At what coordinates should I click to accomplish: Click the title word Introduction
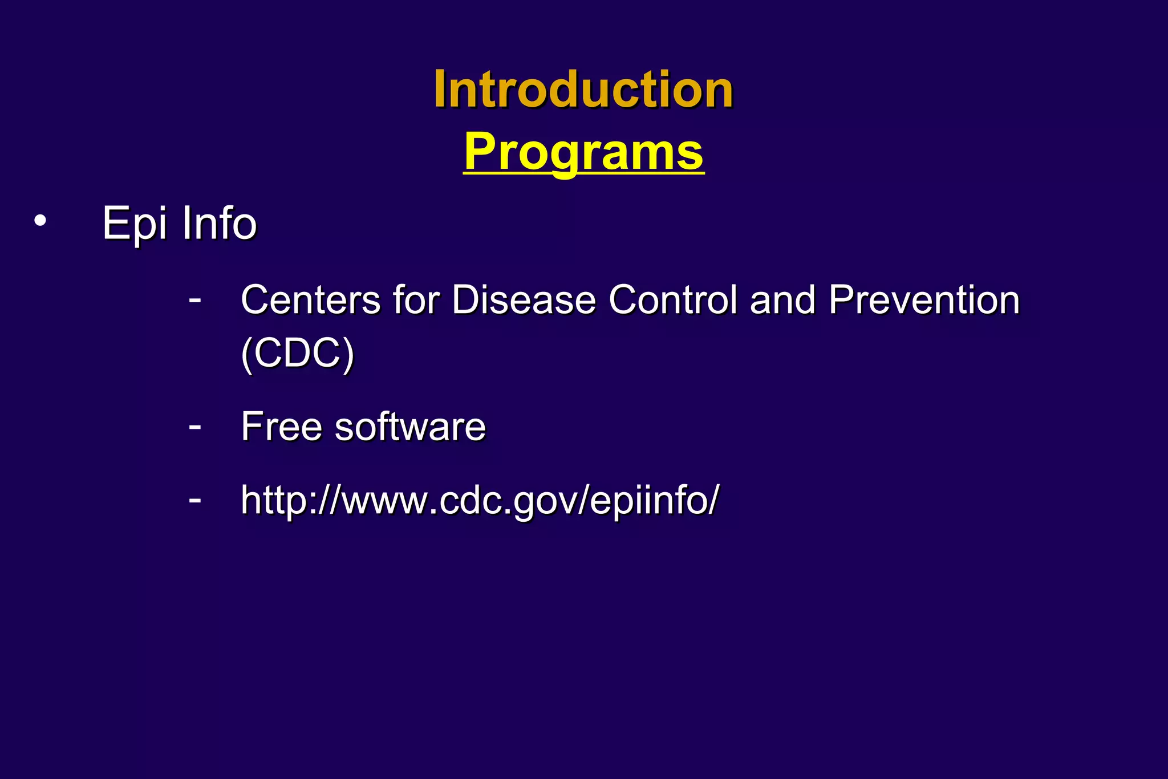pos(583,90)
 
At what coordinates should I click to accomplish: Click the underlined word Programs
pos(583,152)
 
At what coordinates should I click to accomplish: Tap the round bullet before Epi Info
pos(39,221)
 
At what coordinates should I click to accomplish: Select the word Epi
pos(135,224)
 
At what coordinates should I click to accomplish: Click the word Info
pos(219,223)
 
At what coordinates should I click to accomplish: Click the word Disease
pos(524,300)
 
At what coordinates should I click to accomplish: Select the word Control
pos(672,300)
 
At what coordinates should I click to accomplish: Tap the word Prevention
pos(923,300)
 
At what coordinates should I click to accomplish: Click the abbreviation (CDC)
pos(298,354)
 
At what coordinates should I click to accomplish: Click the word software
pos(410,427)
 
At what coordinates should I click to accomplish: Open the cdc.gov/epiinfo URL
pos(480,500)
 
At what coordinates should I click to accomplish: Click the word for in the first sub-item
pos(416,300)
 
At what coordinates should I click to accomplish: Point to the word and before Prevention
pos(782,300)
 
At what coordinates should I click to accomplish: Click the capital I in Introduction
pos(440,90)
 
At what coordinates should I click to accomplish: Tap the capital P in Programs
pos(479,151)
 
